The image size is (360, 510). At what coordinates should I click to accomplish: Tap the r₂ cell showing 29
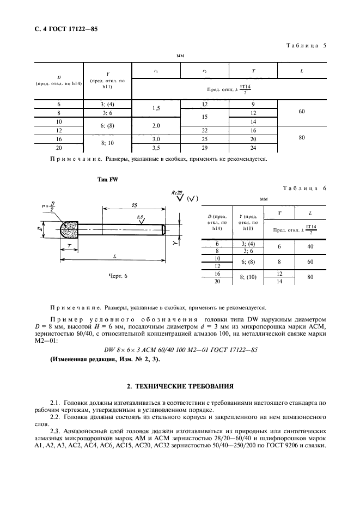(204, 147)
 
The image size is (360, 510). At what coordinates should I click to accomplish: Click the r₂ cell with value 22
(204, 131)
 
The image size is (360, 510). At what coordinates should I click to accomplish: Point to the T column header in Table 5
(253, 71)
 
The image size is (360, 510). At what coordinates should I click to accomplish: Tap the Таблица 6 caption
(304, 188)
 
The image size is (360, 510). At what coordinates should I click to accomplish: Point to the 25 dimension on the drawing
(135, 205)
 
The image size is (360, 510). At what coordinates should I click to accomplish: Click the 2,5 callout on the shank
(142, 217)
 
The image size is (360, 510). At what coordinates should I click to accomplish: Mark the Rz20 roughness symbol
(175, 195)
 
